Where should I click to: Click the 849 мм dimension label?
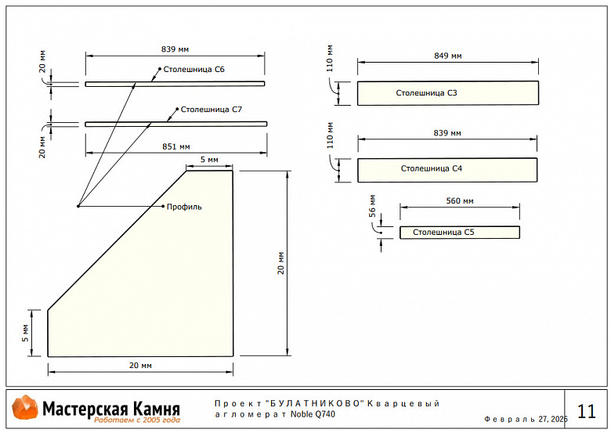tap(447, 56)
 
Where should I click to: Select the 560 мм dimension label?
tap(460, 201)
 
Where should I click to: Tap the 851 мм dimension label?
tap(176, 146)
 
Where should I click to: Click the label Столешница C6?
tap(195, 70)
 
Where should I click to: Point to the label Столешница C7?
tap(211, 110)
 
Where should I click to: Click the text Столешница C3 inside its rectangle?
tap(426, 93)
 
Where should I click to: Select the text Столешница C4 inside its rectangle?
tap(432, 168)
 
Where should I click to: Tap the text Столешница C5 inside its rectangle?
tap(443, 233)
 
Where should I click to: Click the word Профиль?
tap(184, 207)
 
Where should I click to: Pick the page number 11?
tap(586, 411)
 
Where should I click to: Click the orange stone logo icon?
tap(25, 409)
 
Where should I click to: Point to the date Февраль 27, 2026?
tap(526, 420)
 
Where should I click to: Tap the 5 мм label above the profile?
tap(209, 160)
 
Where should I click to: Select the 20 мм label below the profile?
tap(140, 366)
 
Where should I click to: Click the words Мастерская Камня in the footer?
tap(110, 408)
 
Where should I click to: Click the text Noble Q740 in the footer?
tap(313, 414)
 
